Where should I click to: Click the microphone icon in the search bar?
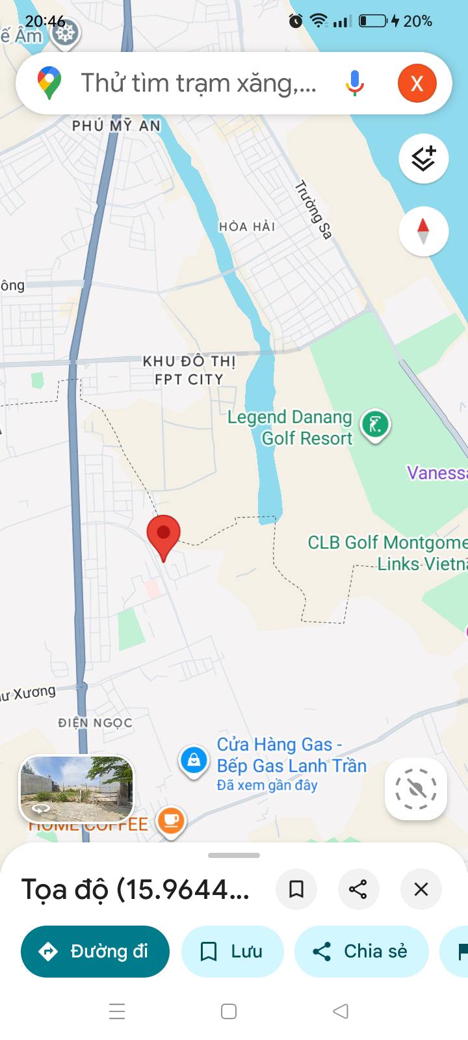point(355,83)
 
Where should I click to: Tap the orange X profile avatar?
point(417,83)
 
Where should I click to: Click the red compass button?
point(423,231)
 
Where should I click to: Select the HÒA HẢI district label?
point(247,226)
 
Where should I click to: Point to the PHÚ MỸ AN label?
point(116,125)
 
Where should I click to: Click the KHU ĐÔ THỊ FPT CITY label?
point(188,370)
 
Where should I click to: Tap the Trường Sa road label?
point(314,210)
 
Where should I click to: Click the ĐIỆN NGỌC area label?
point(95,723)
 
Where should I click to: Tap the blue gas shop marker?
point(194,760)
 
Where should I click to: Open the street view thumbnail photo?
point(76,788)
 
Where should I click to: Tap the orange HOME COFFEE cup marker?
point(170,821)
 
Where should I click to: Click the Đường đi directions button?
point(95,952)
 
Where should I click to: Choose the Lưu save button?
point(232,952)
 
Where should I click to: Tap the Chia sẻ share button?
point(361,952)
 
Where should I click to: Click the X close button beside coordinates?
point(421,889)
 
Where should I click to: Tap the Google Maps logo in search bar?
point(49,83)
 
